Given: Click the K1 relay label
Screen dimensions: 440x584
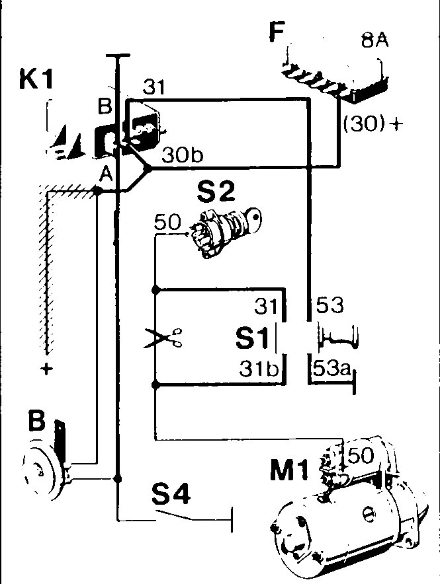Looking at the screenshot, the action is (x=36, y=80).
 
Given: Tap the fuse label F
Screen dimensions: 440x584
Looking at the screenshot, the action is (x=277, y=32).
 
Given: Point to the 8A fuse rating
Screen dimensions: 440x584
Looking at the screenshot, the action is (x=374, y=40).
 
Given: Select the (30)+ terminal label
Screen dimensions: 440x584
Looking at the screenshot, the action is (x=373, y=124).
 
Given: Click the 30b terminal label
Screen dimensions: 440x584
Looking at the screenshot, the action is (x=183, y=155).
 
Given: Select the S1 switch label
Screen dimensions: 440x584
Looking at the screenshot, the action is (x=253, y=338).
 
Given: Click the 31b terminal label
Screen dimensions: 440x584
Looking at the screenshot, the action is (x=259, y=369).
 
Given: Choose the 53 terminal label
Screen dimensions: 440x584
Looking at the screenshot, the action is (x=330, y=305).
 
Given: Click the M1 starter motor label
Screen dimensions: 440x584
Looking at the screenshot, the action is (x=289, y=470).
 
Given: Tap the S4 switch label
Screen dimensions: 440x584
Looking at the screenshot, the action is (x=171, y=494).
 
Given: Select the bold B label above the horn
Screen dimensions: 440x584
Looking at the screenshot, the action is (x=36, y=421).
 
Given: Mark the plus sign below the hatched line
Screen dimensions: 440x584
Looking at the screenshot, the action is (x=46, y=369).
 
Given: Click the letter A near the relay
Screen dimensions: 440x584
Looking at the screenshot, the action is (x=107, y=174).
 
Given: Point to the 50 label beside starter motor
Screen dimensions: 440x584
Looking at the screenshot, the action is (x=360, y=455).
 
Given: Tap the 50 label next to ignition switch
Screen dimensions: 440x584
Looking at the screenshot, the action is (x=167, y=223).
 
